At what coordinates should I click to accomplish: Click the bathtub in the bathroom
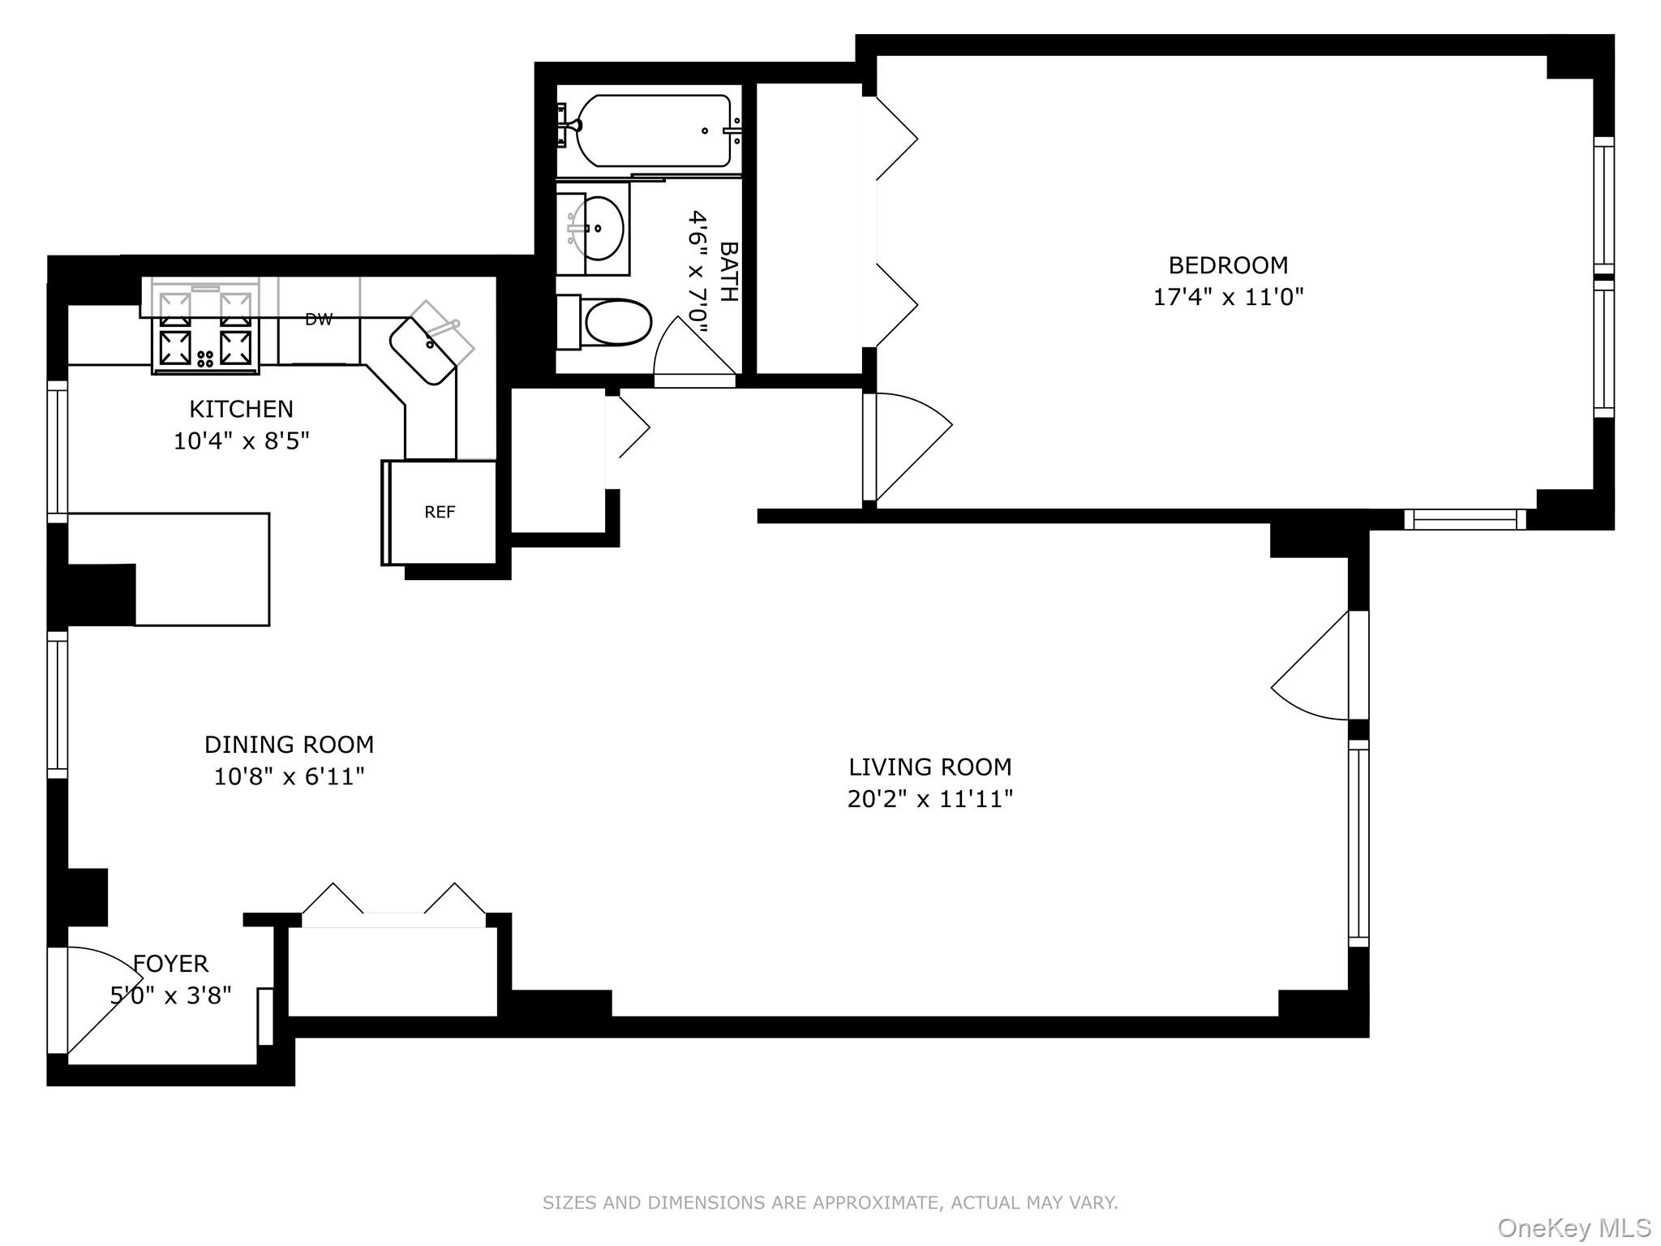click(654, 131)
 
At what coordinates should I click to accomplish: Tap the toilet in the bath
click(616, 323)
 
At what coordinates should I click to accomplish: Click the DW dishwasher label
click(319, 320)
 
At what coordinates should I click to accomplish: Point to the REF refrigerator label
click(440, 512)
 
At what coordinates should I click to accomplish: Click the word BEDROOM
click(1227, 265)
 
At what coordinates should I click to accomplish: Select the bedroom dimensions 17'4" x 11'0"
click(1227, 297)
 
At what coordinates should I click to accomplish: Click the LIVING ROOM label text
click(929, 767)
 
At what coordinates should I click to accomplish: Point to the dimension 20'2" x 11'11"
click(929, 800)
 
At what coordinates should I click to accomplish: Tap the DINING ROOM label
click(289, 744)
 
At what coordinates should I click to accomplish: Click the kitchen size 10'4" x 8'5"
click(241, 441)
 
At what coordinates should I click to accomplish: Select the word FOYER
click(171, 964)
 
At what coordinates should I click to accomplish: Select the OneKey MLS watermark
click(1573, 1228)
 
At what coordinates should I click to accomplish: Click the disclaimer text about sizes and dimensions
click(830, 1203)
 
